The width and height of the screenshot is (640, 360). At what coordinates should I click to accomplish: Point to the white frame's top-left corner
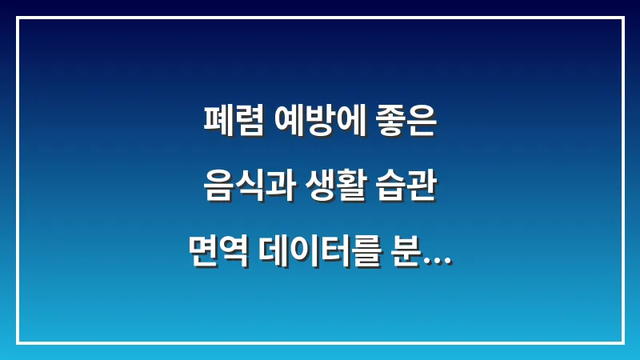pos(18,18)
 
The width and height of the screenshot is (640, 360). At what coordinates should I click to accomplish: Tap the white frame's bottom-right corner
pos(622,342)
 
